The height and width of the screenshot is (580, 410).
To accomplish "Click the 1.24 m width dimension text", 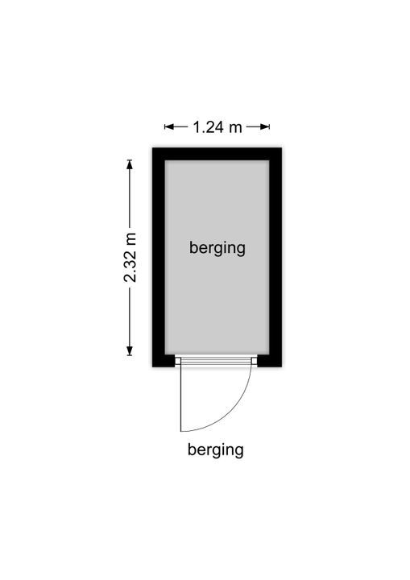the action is (x=217, y=127).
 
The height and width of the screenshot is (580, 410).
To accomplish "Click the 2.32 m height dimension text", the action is (x=130, y=258).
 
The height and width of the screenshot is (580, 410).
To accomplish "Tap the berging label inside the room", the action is (x=217, y=248).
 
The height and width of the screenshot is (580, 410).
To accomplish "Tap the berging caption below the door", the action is (x=216, y=450).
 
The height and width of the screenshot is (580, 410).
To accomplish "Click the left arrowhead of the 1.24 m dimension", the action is (x=168, y=127).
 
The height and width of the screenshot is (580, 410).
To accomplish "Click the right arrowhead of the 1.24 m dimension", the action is (x=265, y=127).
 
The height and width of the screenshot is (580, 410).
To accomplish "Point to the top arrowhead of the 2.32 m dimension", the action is (x=130, y=164).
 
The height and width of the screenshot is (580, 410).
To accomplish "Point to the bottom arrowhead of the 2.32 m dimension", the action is (x=130, y=351).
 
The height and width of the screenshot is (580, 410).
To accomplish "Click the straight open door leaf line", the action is (x=180, y=399).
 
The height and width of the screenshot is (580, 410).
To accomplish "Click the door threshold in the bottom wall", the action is (x=216, y=361).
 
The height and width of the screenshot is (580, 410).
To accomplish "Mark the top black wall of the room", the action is (x=217, y=154).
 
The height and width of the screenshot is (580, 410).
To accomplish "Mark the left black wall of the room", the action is (x=159, y=257).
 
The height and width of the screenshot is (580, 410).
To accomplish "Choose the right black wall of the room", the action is (x=275, y=257).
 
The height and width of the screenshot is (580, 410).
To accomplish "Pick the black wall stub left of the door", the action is (x=164, y=361).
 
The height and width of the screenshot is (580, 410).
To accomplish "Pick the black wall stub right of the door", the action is (x=269, y=361).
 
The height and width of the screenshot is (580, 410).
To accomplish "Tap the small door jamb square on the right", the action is (x=255, y=361).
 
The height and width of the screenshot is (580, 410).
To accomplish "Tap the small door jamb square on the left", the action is (x=178, y=361).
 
